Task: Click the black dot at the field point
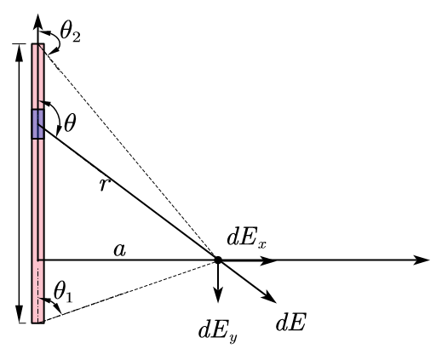coord(218,260)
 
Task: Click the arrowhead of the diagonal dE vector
coord(272,298)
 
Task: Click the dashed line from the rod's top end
coord(128,153)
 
